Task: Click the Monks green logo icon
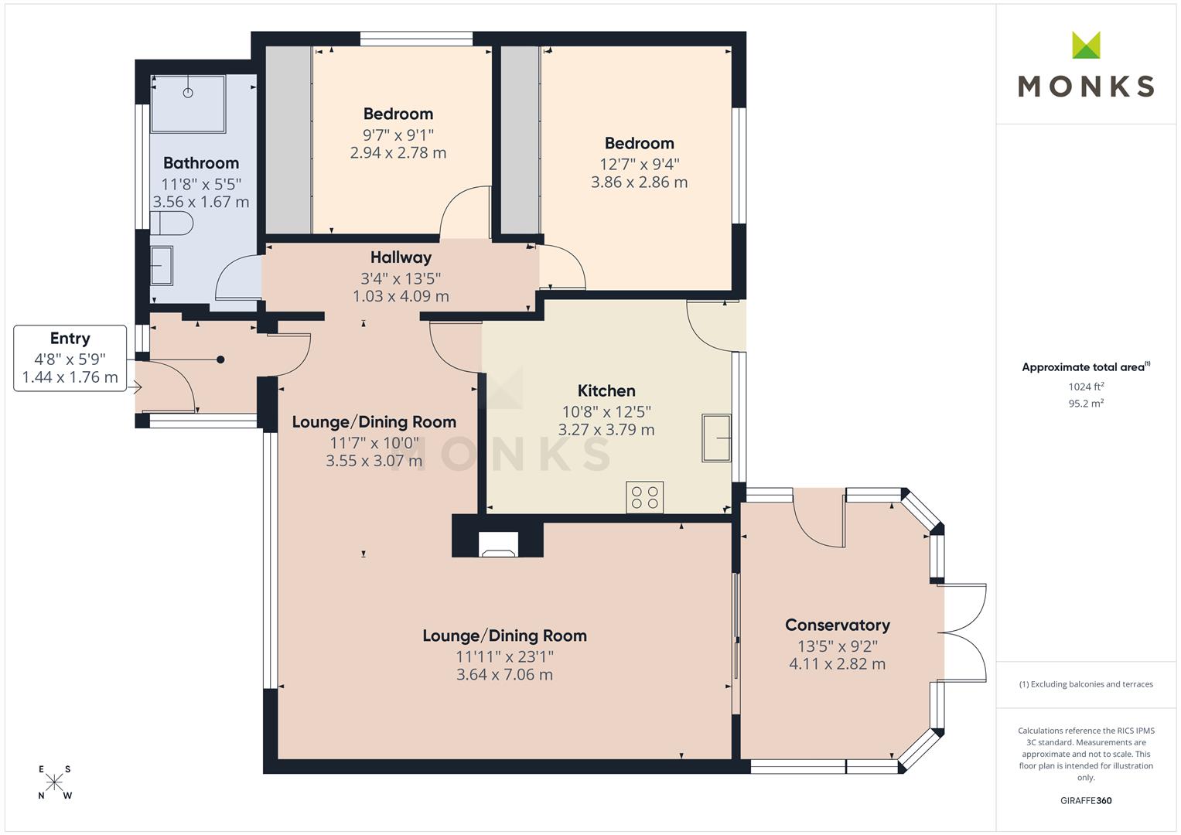[x=1086, y=46]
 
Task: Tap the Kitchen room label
[x=606, y=391]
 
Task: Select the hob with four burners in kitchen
[x=645, y=496]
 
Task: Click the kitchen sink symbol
[x=716, y=438]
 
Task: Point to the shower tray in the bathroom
[x=188, y=104]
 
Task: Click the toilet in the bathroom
[x=172, y=224]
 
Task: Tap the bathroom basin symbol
[x=162, y=265]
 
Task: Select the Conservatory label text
[x=837, y=625]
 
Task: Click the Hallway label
[x=401, y=257]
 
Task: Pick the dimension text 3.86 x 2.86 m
[x=639, y=182]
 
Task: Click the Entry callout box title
[x=70, y=339]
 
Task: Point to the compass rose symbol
[x=54, y=782]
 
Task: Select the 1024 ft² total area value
[x=1086, y=387]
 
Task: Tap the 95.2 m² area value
[x=1086, y=403]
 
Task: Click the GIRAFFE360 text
[x=1086, y=800]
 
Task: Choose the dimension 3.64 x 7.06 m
[x=504, y=675]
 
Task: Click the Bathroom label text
[x=201, y=163]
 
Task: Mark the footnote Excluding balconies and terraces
[x=1086, y=684]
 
